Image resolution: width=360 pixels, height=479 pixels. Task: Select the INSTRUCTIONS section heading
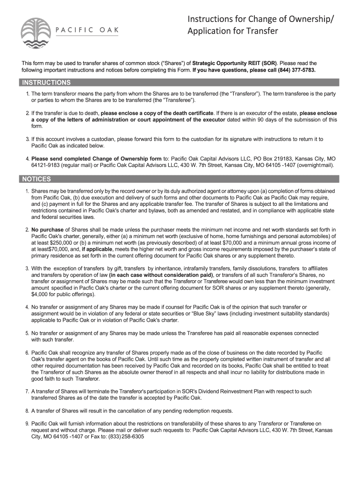46,83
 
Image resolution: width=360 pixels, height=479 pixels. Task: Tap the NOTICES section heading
36,179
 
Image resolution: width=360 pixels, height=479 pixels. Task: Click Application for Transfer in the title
226,32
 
